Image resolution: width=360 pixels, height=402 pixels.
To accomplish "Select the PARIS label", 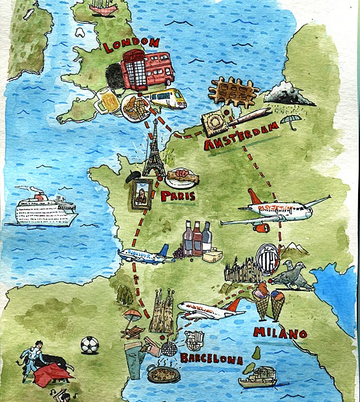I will pyautogui.click(x=177, y=196).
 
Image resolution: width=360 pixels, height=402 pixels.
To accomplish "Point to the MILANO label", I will pyautogui.click(x=280, y=332).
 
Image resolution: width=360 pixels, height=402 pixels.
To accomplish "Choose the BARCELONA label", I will pyautogui.click(x=211, y=359).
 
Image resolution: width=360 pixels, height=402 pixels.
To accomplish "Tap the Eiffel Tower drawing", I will pyautogui.click(x=153, y=150).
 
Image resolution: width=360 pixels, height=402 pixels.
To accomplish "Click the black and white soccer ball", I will pyautogui.click(x=89, y=345).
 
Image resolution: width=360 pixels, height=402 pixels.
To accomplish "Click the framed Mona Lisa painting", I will pyautogui.click(x=142, y=193).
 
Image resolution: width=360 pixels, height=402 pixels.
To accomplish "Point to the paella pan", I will pyautogui.click(x=163, y=373).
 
